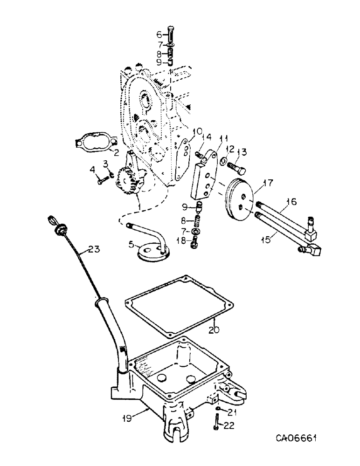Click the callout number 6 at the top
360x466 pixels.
pyautogui.click(x=158, y=34)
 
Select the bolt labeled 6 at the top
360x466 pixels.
pyautogui.click(x=170, y=34)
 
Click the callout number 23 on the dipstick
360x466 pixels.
pyautogui.click(x=94, y=249)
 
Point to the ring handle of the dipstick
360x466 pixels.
pyautogui.click(x=51, y=220)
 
